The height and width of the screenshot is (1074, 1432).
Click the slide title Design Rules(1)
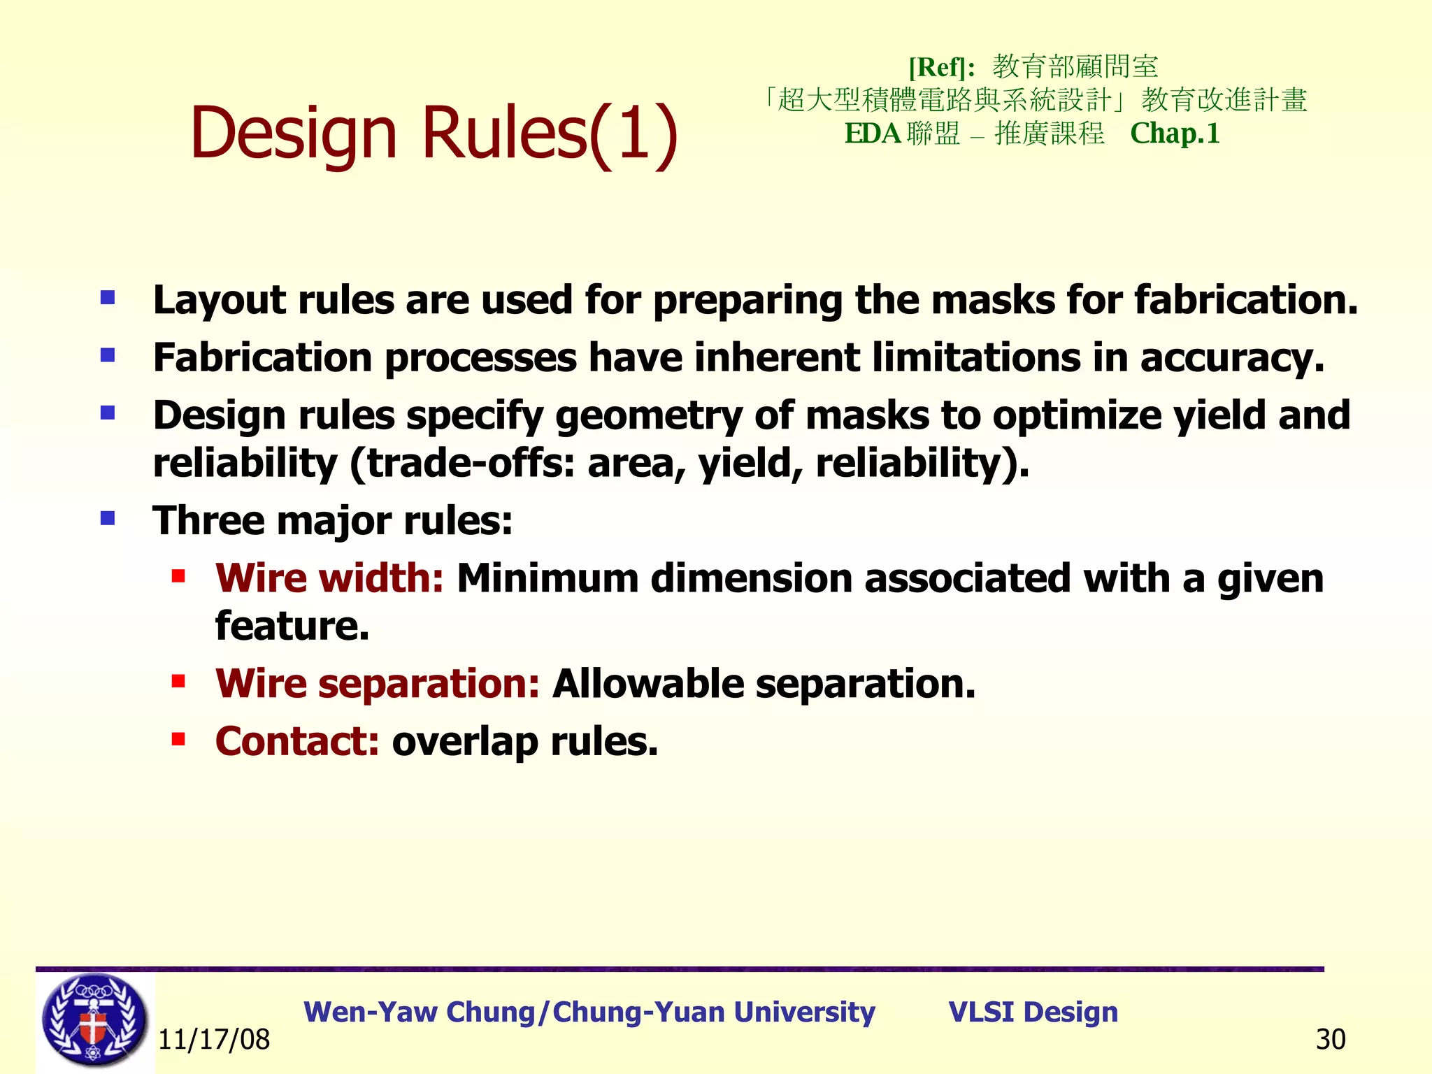[434, 133]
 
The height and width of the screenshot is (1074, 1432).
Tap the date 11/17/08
[214, 1040]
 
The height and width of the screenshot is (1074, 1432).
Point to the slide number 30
[1330, 1040]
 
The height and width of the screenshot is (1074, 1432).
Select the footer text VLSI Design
[1033, 1012]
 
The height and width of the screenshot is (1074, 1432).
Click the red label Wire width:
[329, 579]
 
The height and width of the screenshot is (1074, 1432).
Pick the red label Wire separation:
[378, 683]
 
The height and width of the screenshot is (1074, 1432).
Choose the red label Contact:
[297, 741]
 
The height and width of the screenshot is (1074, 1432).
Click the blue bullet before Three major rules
[108, 518]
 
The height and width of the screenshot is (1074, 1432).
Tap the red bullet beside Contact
[178, 738]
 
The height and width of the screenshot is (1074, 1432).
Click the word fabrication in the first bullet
[1245, 300]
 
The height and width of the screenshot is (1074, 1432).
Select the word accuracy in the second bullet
[1231, 358]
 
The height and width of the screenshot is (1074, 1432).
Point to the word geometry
[648, 416]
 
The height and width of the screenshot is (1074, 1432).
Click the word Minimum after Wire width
[547, 579]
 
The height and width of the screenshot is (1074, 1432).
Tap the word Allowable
[647, 683]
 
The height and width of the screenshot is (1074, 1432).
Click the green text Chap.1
[1175, 133]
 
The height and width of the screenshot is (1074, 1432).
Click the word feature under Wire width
[292, 626]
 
